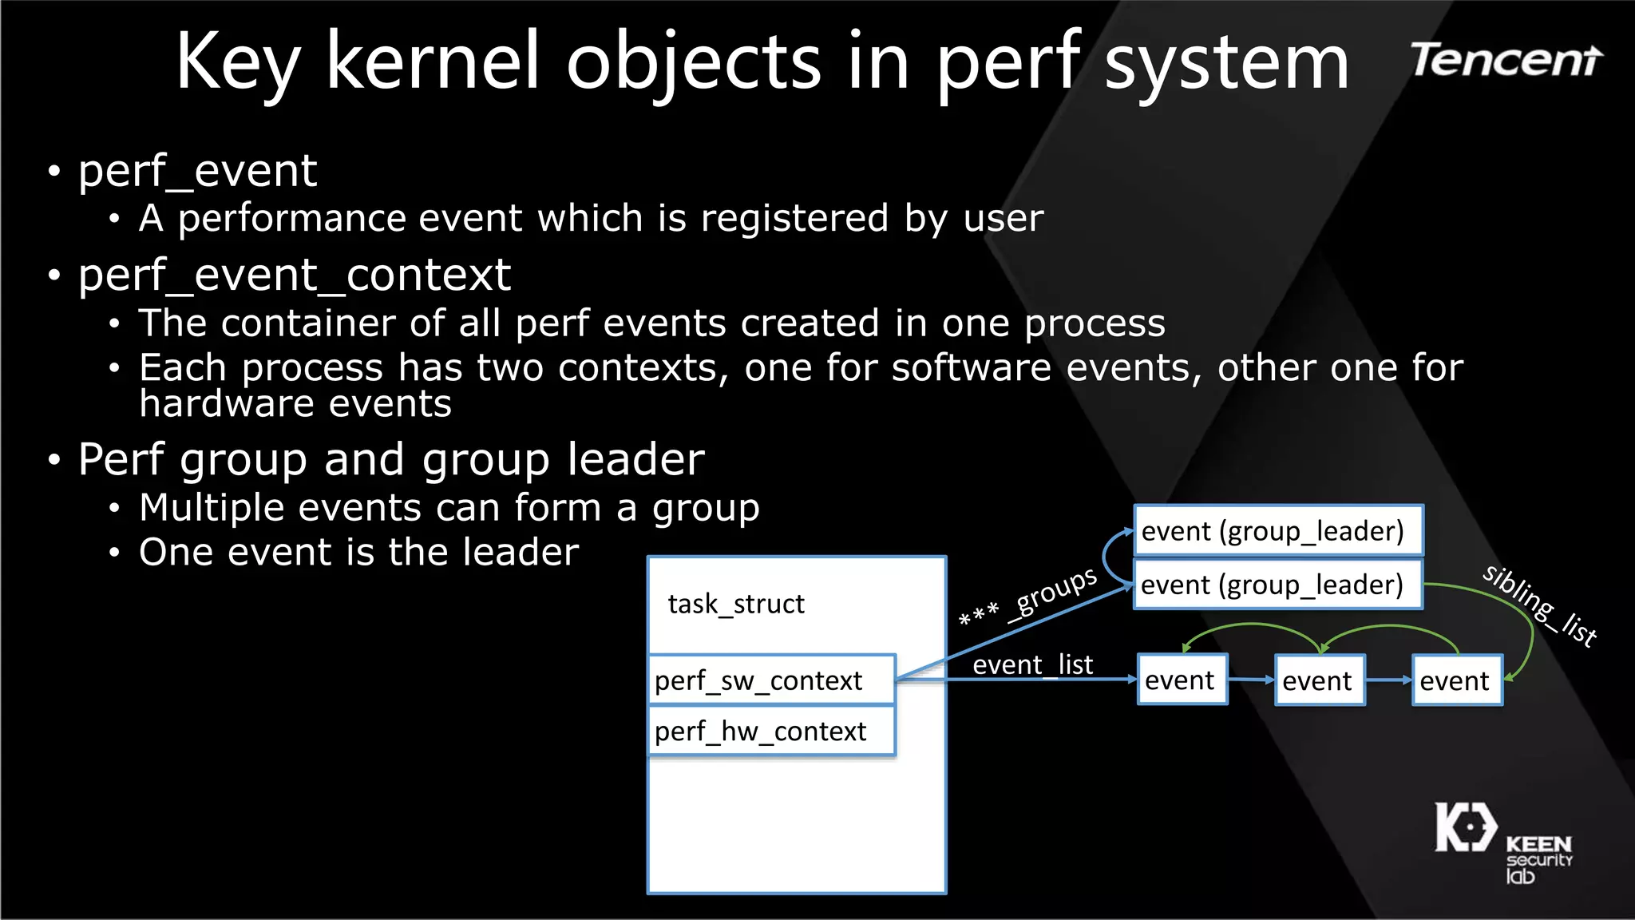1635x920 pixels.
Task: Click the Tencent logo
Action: [x=1506, y=61]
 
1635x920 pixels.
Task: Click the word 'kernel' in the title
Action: [x=433, y=62]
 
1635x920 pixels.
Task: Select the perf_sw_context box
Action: [x=771, y=680]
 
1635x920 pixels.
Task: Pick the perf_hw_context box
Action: [x=771, y=731]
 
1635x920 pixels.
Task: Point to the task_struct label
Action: [x=735, y=604]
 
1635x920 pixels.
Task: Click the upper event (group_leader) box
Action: [x=1277, y=531]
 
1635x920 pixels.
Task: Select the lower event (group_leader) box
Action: [x=1277, y=585]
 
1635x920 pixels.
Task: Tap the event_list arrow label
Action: [x=1032, y=664]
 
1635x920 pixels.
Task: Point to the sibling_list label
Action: [x=1539, y=605]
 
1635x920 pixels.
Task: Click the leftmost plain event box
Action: [x=1182, y=680]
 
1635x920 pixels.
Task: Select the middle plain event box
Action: [x=1319, y=680]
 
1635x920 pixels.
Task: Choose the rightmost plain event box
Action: [x=1456, y=680]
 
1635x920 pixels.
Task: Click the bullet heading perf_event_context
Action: [x=294, y=276]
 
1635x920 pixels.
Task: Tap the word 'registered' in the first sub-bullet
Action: [x=794, y=219]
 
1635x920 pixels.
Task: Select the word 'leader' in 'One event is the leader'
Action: [x=521, y=553]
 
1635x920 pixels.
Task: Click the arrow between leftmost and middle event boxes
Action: [x=1250, y=680]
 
